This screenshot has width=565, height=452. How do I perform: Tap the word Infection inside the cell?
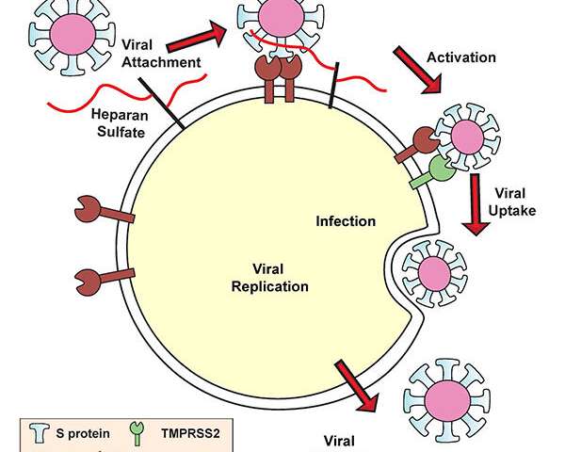coord(346,221)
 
